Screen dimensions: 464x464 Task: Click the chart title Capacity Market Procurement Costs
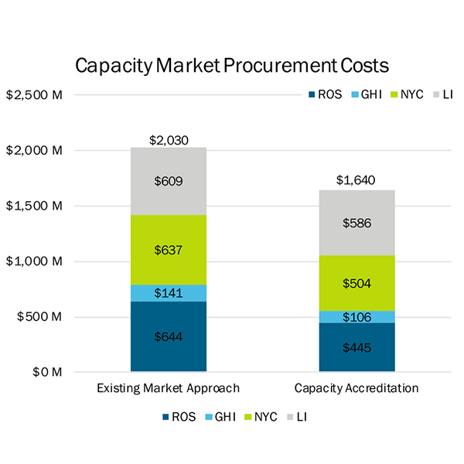(232, 65)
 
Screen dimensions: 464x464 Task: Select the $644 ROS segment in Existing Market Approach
(169, 336)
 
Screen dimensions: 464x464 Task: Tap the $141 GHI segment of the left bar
(169, 293)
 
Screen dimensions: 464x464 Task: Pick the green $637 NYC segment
(169, 250)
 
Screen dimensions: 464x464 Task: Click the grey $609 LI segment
(169, 181)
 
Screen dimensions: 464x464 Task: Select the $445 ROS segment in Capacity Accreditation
(357, 347)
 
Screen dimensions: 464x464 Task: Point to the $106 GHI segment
(357, 317)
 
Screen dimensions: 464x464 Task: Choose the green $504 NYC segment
(357, 283)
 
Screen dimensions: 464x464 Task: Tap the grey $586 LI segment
(357, 223)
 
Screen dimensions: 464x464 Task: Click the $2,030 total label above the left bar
(169, 140)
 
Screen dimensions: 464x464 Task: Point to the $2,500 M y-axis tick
(34, 95)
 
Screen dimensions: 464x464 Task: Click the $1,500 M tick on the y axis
(34, 206)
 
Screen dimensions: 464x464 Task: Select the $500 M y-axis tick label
(39, 317)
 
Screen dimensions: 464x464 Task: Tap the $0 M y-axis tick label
(45, 372)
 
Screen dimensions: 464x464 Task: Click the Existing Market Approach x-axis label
(168, 387)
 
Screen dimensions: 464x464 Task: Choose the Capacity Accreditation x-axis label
(357, 387)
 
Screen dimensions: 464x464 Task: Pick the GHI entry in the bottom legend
(219, 417)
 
